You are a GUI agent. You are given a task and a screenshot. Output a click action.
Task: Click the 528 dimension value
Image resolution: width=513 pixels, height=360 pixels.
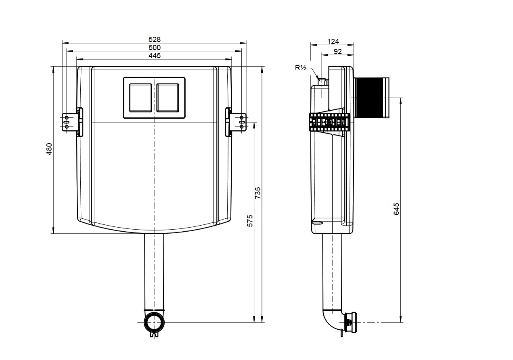click(155, 40)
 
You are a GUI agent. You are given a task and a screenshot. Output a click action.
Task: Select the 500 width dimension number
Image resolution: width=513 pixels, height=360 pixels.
click(155, 47)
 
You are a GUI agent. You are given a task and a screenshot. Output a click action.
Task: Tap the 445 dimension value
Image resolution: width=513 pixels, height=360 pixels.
click(155, 55)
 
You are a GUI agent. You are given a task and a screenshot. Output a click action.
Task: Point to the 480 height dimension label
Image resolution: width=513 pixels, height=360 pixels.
click(49, 149)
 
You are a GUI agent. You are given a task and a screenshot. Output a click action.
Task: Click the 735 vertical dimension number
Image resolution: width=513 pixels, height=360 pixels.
click(258, 193)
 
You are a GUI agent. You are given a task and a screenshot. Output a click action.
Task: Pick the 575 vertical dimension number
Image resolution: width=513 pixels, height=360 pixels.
click(250, 221)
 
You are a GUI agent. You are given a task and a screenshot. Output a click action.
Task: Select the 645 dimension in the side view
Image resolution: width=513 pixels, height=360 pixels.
click(396, 209)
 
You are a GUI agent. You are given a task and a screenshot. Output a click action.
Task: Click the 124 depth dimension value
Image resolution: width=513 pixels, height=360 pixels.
click(333, 42)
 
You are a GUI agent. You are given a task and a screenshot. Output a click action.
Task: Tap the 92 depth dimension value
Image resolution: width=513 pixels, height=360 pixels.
click(338, 52)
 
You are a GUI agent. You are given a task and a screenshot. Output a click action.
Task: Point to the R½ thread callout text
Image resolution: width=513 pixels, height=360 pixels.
click(300, 68)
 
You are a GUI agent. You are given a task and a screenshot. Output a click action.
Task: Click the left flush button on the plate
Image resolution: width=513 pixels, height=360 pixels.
click(140, 98)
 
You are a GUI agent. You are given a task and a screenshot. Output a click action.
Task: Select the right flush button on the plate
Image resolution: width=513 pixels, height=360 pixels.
click(168, 98)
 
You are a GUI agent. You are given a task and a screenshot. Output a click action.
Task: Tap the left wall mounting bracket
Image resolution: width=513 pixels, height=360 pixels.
click(72, 122)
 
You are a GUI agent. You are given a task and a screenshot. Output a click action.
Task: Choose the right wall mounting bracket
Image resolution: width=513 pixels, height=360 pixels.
click(236, 122)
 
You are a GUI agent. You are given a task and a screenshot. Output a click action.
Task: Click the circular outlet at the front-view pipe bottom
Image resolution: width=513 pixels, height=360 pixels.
click(154, 322)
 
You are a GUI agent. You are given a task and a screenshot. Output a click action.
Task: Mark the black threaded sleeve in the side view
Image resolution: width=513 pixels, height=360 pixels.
click(369, 98)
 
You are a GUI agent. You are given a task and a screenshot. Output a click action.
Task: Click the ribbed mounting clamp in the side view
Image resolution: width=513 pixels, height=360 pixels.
click(329, 122)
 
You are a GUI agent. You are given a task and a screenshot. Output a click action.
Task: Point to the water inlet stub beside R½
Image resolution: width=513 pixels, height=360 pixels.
click(322, 81)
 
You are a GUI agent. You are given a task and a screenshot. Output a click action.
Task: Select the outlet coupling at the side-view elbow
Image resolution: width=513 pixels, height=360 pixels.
click(350, 322)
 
